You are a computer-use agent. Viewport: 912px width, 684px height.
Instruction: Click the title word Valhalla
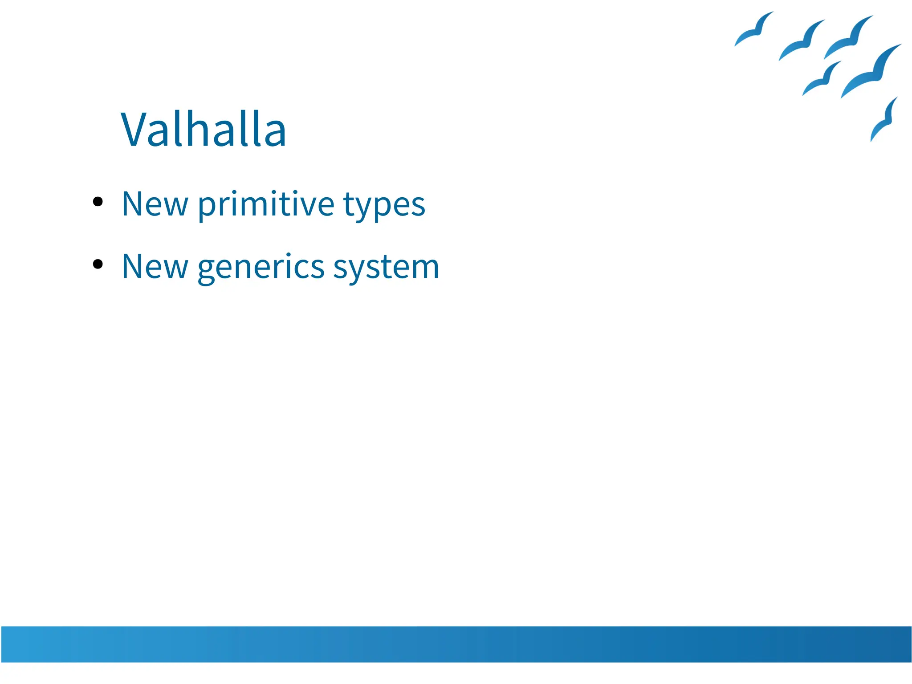coord(204,130)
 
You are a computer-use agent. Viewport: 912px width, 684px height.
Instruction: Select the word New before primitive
coord(155,204)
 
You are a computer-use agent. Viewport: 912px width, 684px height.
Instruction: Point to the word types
coord(384,206)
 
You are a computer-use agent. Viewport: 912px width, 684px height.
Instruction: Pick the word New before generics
coord(155,267)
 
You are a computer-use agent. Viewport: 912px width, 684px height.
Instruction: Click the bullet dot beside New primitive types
coord(98,202)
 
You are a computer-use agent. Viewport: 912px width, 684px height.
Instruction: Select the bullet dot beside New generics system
coord(98,265)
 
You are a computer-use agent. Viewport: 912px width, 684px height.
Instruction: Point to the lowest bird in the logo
coord(884,120)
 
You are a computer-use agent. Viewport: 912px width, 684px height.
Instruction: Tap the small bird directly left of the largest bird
coord(822,79)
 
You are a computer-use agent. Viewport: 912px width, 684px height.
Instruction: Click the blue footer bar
coord(456,644)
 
